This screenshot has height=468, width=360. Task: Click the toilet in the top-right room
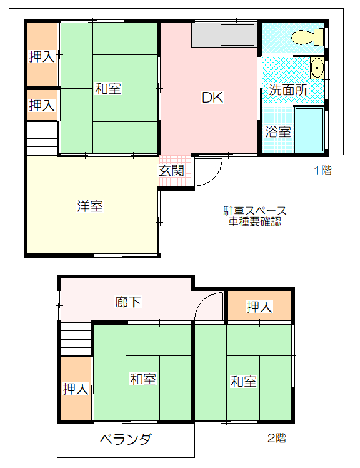[x=307, y=37]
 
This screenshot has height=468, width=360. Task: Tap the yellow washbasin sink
[x=317, y=68]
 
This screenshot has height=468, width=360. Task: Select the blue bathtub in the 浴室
[x=309, y=130]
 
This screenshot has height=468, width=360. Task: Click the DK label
[x=212, y=98]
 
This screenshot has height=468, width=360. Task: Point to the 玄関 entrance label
[x=171, y=170]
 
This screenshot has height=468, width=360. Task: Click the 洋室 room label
[x=90, y=206]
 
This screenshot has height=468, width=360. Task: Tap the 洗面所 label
[x=288, y=90]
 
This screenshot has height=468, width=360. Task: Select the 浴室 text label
[x=278, y=131]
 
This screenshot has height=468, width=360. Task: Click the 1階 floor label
[x=323, y=170]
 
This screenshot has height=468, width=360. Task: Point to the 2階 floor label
[x=276, y=438]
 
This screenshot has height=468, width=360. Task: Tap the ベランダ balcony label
[x=126, y=439]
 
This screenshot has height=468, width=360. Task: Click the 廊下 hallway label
[x=128, y=302]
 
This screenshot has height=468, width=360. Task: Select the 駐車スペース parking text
[x=255, y=211]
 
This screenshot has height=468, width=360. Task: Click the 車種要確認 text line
[x=255, y=221]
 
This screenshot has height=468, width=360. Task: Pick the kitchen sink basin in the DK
[x=237, y=35]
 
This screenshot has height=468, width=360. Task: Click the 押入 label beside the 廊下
[x=259, y=307]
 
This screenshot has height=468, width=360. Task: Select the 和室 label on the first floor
[x=108, y=89]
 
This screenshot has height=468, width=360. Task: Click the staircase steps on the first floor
[x=42, y=138]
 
